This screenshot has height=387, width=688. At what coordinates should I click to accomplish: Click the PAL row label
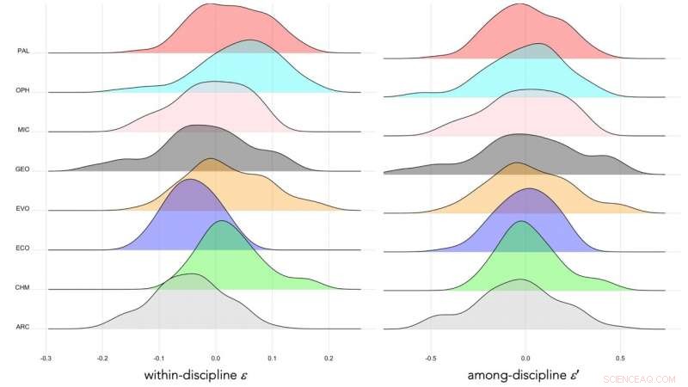coord(24,52)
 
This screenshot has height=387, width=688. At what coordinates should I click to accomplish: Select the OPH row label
coord(24,91)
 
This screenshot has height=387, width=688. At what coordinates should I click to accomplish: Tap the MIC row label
coord(24,130)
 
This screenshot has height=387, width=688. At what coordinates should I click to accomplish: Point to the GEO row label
coord(24,169)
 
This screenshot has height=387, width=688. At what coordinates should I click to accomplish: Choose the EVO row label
coord(24,209)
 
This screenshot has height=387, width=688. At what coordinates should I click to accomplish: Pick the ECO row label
coord(24,249)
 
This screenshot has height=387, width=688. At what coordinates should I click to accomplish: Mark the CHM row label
coord(24,288)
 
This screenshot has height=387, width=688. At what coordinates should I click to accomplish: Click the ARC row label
coord(24,328)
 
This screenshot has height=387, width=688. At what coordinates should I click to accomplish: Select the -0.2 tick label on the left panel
coord(102,354)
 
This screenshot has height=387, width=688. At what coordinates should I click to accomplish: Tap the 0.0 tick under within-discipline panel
coord(216,354)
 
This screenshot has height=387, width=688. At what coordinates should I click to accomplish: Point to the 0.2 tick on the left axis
coord(329,354)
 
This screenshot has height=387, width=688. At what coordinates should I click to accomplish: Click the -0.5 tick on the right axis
coord(429,354)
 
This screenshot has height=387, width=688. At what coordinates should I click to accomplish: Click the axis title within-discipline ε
coord(203,375)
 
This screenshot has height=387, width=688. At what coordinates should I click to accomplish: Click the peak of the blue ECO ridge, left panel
coord(188,180)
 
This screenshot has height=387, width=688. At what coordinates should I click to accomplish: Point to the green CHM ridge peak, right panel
coord(520,222)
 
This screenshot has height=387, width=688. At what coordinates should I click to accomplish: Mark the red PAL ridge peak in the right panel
coord(519,3)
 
